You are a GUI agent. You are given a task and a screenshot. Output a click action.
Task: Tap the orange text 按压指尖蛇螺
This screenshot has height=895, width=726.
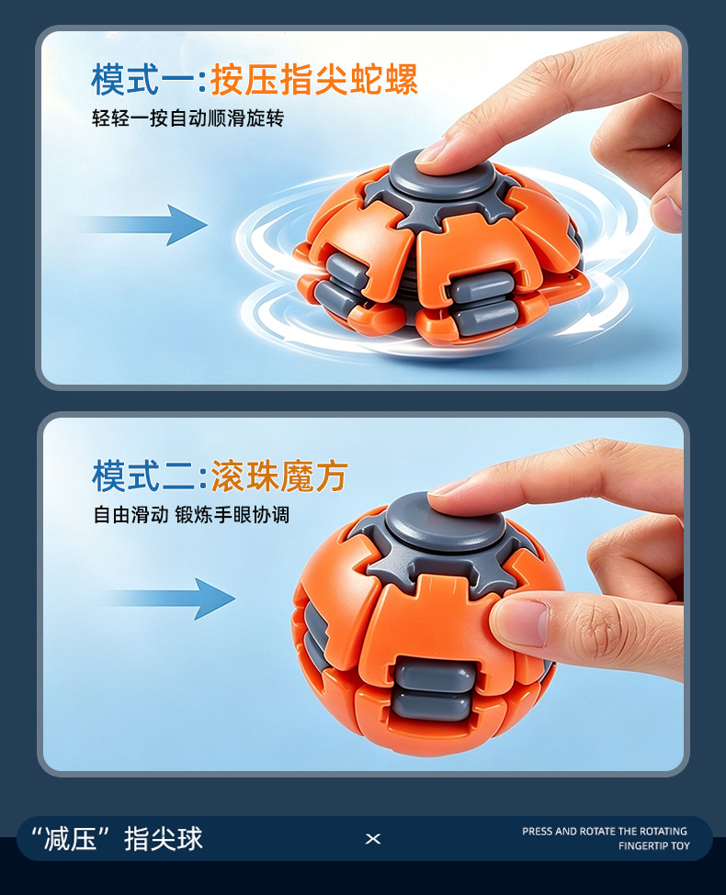[x=314, y=79]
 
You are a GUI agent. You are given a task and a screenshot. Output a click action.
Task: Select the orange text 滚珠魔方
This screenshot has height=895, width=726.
[x=279, y=475]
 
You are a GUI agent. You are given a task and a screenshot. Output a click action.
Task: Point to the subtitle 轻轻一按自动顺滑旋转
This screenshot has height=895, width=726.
[x=188, y=118]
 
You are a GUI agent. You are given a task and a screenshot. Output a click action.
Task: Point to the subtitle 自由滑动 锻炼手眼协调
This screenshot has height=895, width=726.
[x=191, y=514]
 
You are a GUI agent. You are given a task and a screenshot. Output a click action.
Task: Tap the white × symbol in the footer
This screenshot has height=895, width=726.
[x=373, y=838]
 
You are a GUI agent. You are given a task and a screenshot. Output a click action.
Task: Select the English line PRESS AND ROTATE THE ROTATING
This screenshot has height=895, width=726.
[x=605, y=831]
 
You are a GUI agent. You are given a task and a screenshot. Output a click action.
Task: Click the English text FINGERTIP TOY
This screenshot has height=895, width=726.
[x=654, y=846]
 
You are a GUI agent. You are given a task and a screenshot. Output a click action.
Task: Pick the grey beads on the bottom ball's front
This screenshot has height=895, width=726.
[x=434, y=689]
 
